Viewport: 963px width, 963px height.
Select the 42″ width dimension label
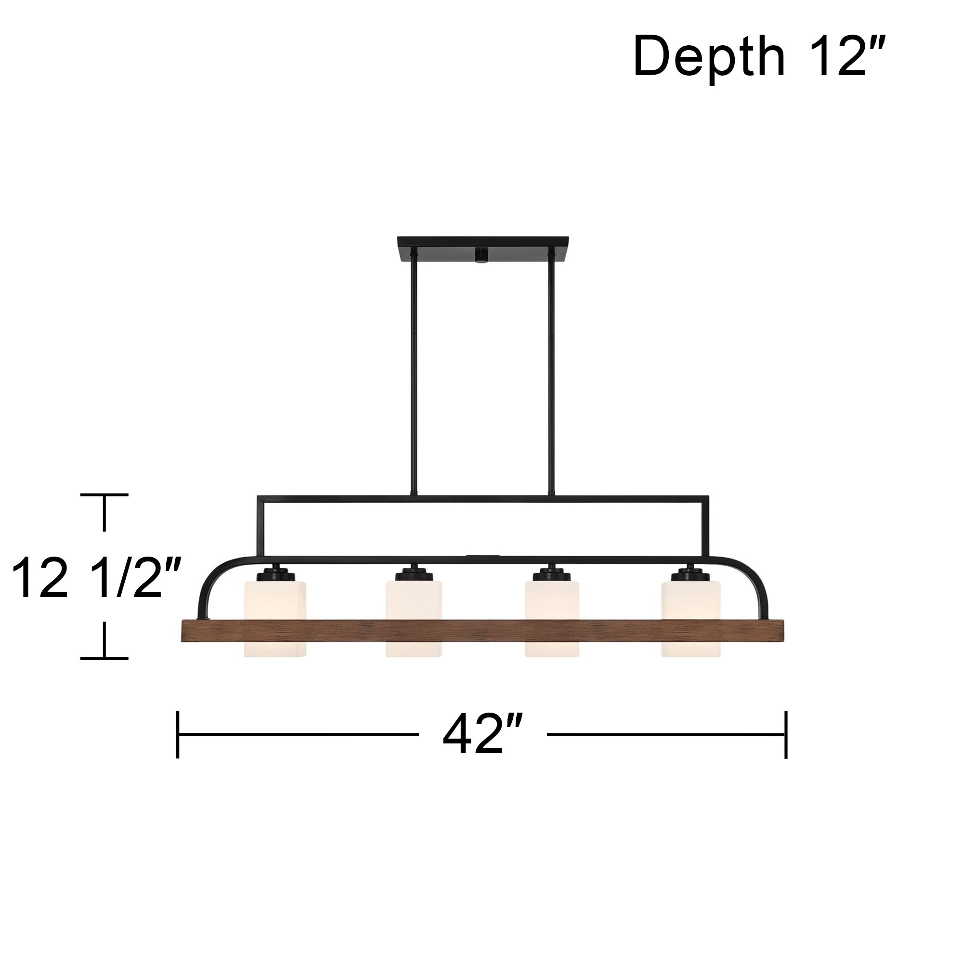click(482, 735)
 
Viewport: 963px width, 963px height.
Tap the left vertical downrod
click(414, 374)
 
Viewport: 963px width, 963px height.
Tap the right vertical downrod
click(551, 374)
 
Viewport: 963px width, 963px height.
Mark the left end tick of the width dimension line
click(178, 735)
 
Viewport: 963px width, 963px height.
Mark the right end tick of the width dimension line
click(786, 735)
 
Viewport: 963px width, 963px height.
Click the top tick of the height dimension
click(104, 495)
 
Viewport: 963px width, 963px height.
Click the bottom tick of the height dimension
click(104, 658)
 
